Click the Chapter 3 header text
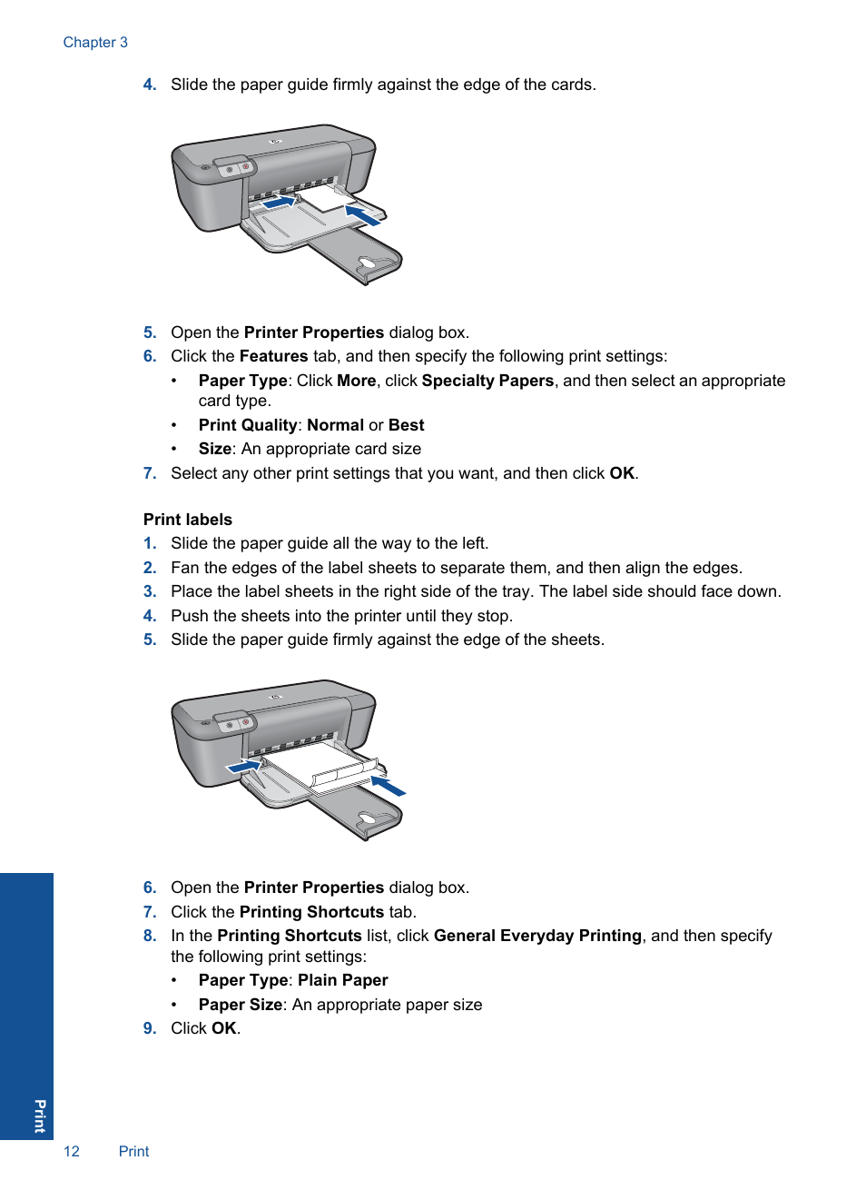click(95, 43)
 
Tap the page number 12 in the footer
click(71, 1151)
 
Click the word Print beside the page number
click(133, 1151)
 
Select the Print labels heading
click(187, 520)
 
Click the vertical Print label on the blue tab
click(40, 1115)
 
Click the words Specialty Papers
click(487, 381)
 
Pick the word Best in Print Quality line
click(406, 425)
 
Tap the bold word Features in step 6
click(273, 356)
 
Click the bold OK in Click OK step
click(223, 1028)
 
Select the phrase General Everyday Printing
click(537, 936)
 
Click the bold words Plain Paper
click(342, 980)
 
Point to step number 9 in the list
click(150, 1028)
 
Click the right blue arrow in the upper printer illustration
click(363, 215)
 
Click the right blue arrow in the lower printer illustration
click(389, 785)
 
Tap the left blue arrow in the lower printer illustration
click(243, 768)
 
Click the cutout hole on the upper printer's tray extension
click(370, 264)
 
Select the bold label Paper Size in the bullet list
click(241, 1005)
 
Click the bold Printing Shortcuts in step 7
click(311, 912)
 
